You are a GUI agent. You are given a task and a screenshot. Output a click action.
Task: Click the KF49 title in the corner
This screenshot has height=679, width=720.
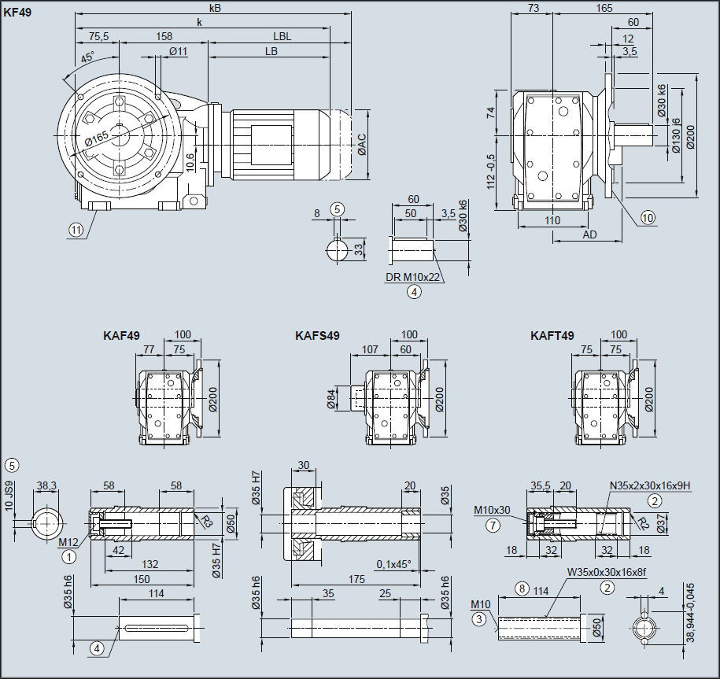(17, 13)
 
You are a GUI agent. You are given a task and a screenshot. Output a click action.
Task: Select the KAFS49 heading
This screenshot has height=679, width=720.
(317, 336)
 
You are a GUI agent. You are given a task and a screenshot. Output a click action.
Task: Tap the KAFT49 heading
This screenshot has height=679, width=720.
(552, 336)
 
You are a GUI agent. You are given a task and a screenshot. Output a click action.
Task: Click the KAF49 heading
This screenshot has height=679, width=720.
(121, 336)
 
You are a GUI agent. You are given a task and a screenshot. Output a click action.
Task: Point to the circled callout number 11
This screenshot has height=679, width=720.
(76, 230)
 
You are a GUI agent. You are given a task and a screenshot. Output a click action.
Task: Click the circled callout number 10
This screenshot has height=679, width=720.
(648, 217)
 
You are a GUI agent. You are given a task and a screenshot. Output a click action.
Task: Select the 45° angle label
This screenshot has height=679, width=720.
(87, 57)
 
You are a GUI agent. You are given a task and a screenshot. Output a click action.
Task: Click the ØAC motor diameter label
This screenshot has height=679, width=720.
(361, 145)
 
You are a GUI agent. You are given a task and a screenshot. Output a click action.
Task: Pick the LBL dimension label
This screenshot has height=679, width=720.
(282, 37)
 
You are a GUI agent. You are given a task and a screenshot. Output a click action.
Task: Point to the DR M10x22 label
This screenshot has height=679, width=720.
(412, 278)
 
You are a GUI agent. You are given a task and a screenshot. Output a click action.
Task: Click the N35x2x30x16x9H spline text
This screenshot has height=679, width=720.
(649, 485)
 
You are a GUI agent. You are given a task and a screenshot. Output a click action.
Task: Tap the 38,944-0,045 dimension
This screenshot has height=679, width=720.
(691, 614)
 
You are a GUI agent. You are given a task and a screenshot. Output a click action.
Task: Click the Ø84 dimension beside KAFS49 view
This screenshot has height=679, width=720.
(332, 398)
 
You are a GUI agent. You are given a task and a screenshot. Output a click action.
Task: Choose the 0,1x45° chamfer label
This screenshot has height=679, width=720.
(393, 564)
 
